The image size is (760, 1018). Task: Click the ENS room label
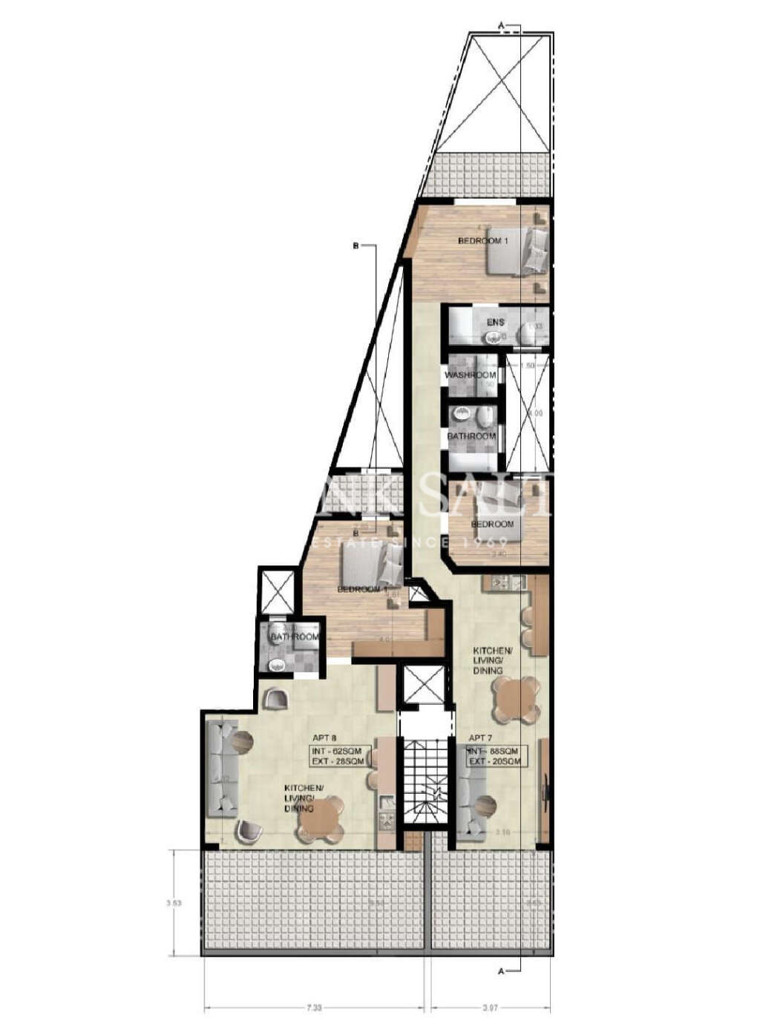point(496,322)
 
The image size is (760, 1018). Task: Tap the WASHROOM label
point(470,375)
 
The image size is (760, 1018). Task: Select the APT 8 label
point(324,738)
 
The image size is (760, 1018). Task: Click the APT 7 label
point(480,738)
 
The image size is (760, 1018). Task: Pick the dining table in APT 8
point(320,819)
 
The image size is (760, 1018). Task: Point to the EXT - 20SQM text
point(496,761)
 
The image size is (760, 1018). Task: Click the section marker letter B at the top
point(356,246)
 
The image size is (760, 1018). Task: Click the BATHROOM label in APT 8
point(295,637)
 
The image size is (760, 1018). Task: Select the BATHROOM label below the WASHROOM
point(471,436)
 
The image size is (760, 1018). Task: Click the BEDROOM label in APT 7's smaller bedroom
point(492,525)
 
